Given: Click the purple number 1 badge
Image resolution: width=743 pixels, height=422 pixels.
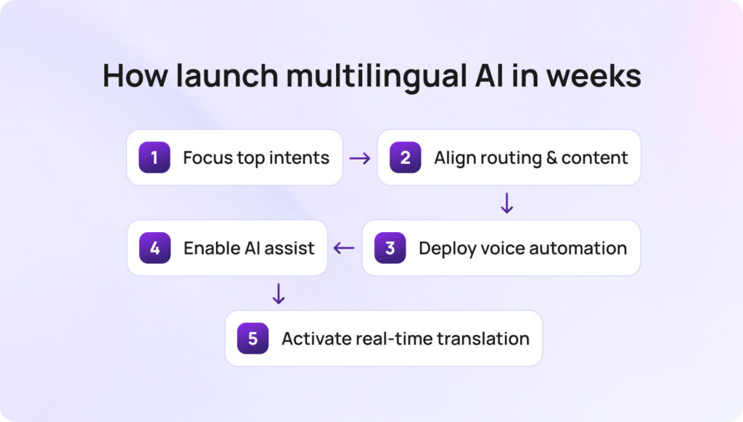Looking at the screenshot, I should tap(155, 157).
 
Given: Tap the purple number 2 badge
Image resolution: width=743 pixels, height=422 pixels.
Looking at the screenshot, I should tap(405, 157).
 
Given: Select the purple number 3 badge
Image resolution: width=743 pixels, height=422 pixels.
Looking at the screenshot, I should tap(390, 248).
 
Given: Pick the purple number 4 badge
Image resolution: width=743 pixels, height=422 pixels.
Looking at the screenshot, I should tap(155, 248).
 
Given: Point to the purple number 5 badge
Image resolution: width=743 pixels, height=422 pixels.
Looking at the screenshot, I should tap(253, 339).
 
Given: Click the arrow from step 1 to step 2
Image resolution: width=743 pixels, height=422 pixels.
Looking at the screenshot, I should tap(360, 158).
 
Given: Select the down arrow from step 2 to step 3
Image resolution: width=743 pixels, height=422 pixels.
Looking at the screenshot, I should tap(507, 203).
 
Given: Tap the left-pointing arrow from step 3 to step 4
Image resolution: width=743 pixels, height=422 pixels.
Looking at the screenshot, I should tap(344, 249).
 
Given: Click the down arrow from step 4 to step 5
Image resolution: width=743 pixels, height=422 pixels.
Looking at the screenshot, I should tap(279, 294).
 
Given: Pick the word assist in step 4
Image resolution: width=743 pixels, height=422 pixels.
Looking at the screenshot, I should tap(290, 249).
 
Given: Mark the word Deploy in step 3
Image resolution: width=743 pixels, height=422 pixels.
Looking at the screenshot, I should tap(444, 249).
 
